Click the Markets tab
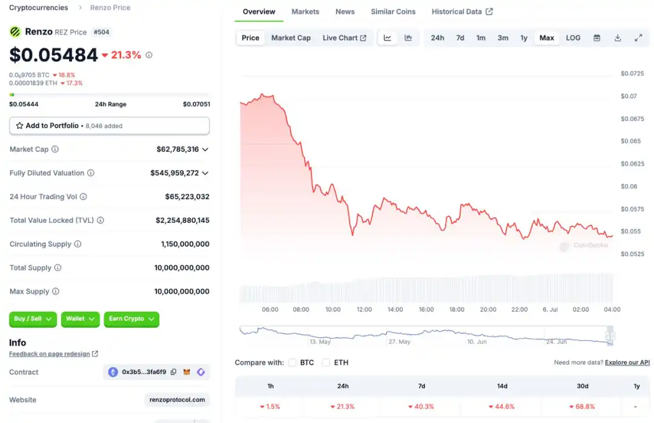pos(305,11)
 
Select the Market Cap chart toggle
pos(291,38)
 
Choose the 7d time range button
pos(460,38)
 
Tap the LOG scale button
pos(573,38)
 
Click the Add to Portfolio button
pos(109,126)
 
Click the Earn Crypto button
pos(131,319)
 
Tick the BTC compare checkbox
pos(292,362)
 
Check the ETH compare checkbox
pos(326,362)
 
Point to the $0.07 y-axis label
pos(629,96)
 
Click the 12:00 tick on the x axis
pos(365,309)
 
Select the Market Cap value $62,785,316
pos(177,149)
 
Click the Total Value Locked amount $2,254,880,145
pos(182,220)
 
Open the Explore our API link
pos(627,362)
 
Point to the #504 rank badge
pos(102,32)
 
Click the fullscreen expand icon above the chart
pos(638,38)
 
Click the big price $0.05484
pos(53,55)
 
